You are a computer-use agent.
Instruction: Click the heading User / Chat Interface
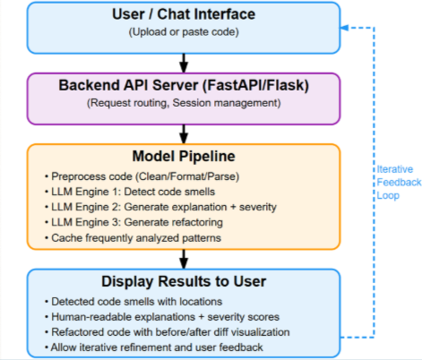coord(183,16)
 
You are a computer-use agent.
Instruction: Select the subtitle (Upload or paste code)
coord(183,35)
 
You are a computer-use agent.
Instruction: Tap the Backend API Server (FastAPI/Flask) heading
coord(183,85)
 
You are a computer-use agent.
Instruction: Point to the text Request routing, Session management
coord(183,104)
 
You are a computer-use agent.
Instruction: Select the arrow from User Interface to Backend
coord(183,62)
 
